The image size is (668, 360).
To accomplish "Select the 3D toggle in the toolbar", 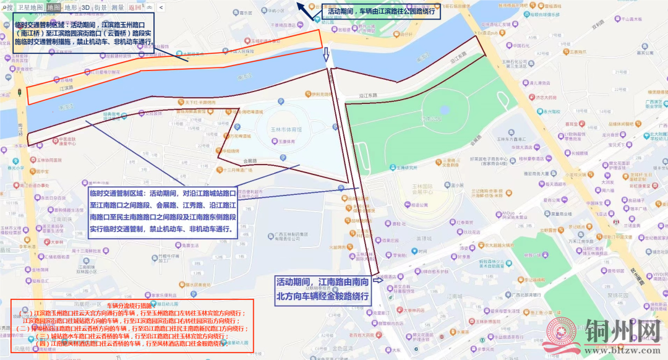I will [85, 7].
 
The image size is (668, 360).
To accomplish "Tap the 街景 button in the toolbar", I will [101, 7].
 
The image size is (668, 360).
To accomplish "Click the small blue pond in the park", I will [444, 110].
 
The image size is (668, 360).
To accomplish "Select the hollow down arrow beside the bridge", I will [327, 55].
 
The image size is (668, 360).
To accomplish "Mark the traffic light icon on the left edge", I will [19, 93].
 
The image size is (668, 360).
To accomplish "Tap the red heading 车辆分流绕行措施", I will [129, 306].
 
